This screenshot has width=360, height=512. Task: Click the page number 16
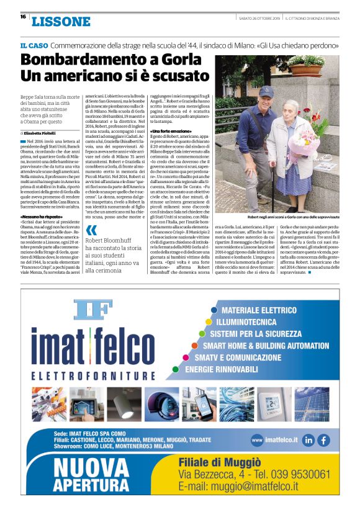tap(22, 17)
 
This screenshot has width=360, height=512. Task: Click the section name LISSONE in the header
tap(61, 22)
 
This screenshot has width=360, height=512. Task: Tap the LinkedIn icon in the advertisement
tap(308, 440)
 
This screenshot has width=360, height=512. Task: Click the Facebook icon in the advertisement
tap(323, 440)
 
